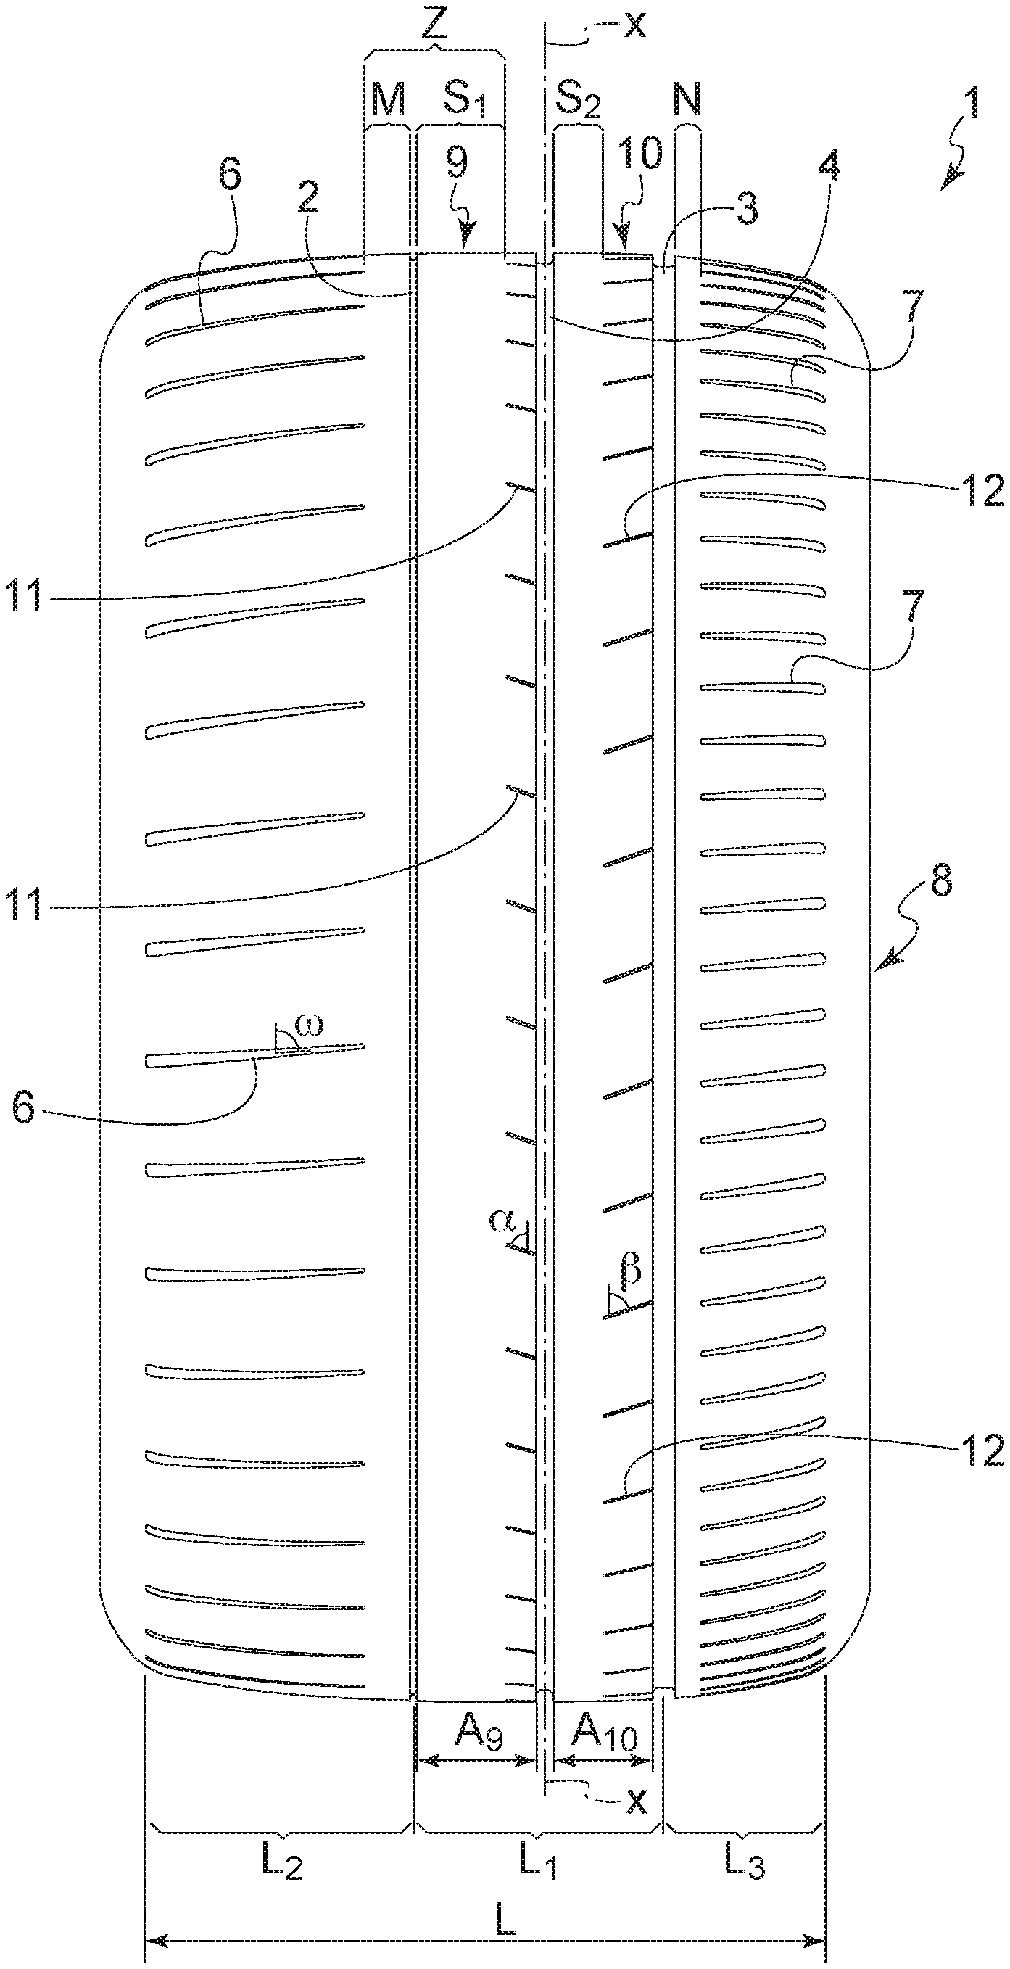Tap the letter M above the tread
tap(387, 99)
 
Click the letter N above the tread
tap(687, 99)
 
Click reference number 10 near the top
tap(640, 153)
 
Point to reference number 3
tap(746, 208)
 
